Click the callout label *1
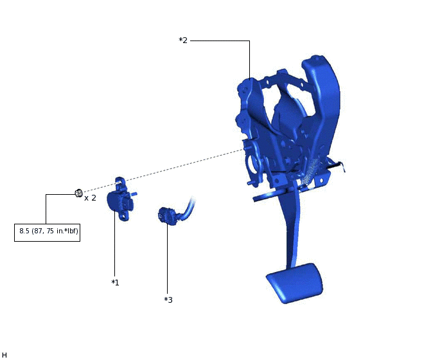[115, 282]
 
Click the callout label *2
[183, 40]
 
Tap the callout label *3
[168, 300]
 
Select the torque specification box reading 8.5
[47, 233]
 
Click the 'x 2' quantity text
[90, 198]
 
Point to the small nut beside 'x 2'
[79, 193]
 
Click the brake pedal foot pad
[295, 283]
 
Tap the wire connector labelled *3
[168, 216]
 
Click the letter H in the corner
[4, 355]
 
